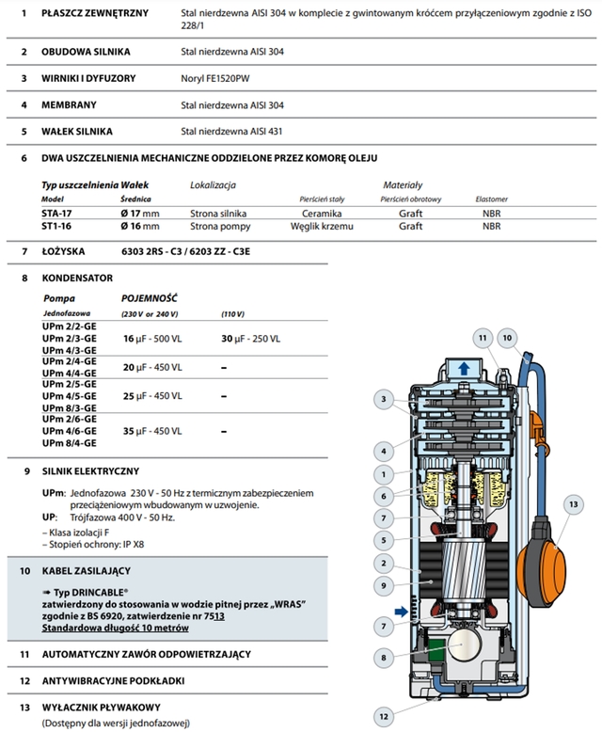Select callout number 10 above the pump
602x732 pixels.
click(532, 338)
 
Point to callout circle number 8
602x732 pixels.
click(384, 658)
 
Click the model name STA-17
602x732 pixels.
click(56, 214)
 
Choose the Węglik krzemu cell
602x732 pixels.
click(314, 227)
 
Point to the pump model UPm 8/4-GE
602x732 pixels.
click(70, 442)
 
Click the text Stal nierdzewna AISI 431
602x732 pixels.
click(230, 133)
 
